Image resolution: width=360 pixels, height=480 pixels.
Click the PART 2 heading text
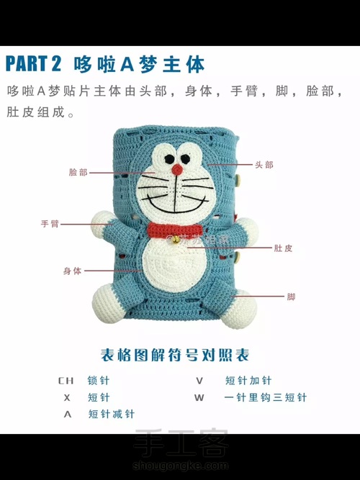pyautogui.click(x=33, y=64)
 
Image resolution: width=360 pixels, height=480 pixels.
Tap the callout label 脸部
pyautogui.click(x=78, y=172)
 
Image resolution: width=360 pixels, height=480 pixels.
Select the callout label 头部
pyautogui.click(x=264, y=165)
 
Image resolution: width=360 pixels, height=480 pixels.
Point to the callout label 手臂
pyautogui.click(x=50, y=224)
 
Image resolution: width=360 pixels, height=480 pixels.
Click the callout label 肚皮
pyautogui.click(x=283, y=248)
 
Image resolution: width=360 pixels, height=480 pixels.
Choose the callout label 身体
pyautogui.click(x=72, y=271)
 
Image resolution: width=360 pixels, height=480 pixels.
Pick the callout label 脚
pyautogui.click(x=291, y=296)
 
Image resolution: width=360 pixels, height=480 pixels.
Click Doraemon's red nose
pyautogui.click(x=177, y=170)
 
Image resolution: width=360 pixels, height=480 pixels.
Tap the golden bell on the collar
pyautogui.click(x=176, y=240)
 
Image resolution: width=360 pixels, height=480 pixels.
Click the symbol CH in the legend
pyautogui.click(x=66, y=381)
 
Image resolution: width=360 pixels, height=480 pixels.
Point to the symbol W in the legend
pyautogui.click(x=199, y=398)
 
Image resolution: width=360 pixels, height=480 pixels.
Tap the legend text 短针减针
pyautogui.click(x=111, y=414)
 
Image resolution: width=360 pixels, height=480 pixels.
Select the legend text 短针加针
pyautogui.click(x=248, y=381)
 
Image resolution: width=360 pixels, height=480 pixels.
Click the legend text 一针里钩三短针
pyautogui.click(x=266, y=397)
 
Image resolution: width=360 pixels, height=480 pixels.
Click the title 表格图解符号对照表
pyautogui.click(x=175, y=355)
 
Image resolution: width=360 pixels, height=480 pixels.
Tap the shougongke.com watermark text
pyautogui.click(x=181, y=466)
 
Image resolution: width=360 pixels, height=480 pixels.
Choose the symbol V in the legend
pyautogui.click(x=199, y=381)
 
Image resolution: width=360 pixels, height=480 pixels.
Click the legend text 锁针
pyautogui.click(x=99, y=381)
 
